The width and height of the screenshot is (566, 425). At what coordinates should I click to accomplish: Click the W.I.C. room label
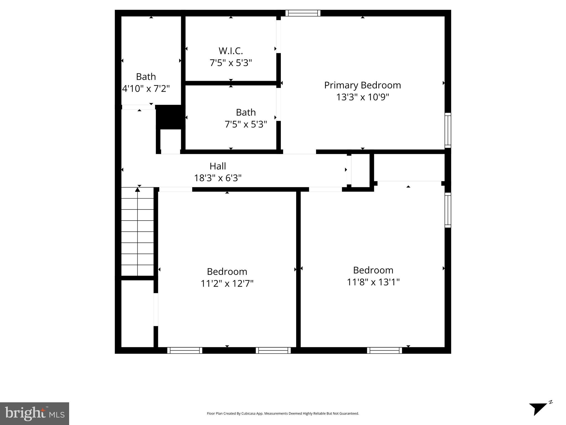click(x=231, y=51)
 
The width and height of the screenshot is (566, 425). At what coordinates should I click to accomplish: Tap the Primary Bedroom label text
click(x=362, y=85)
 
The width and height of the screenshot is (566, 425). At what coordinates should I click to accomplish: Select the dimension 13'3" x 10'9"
click(x=362, y=97)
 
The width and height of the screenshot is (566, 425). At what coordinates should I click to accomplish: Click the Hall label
click(x=218, y=166)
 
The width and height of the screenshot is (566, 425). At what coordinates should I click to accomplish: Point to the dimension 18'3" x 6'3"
click(x=218, y=178)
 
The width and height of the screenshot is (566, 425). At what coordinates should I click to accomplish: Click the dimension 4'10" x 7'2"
click(x=146, y=89)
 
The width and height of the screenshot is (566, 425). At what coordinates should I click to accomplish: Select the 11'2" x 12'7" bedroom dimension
click(x=227, y=284)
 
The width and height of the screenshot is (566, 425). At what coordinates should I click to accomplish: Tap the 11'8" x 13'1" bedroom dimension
click(x=373, y=282)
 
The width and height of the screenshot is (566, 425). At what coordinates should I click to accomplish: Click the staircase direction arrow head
click(x=137, y=190)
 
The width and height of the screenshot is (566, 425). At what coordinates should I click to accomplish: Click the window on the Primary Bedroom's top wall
click(x=303, y=13)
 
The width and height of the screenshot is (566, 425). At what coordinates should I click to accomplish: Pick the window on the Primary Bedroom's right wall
click(x=448, y=130)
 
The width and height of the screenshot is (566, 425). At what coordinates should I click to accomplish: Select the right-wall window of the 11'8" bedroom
click(x=448, y=210)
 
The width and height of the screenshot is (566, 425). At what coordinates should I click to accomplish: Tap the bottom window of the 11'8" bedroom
click(x=384, y=351)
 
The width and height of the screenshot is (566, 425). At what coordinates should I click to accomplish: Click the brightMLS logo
click(x=34, y=413)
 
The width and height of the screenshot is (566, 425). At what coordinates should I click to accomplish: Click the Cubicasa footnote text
click(x=283, y=413)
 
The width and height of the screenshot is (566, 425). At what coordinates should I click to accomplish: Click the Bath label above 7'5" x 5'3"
click(x=246, y=112)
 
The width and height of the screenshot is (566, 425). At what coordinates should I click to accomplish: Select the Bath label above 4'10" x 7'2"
click(x=146, y=77)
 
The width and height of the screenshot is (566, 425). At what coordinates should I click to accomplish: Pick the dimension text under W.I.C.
click(x=231, y=63)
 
